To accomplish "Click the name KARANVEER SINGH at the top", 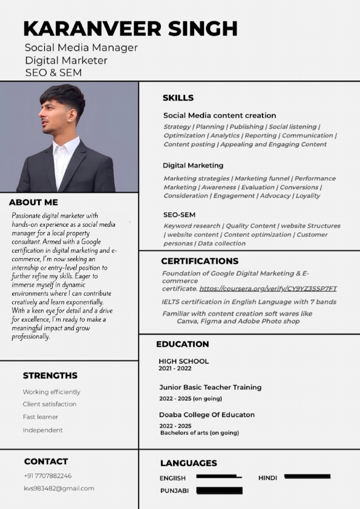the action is coord(130,28).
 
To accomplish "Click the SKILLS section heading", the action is coord(178,98).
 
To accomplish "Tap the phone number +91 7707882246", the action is coord(48,476).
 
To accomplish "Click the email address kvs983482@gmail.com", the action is coord(59,488).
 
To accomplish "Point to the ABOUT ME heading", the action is coord(33,203).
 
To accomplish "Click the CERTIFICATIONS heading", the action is coord(200,261).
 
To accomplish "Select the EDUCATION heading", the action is coord(183,344).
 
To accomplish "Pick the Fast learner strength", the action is coord(41,417).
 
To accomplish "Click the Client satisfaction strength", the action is coord(50,404).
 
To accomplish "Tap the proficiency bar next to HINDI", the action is coord(307,477).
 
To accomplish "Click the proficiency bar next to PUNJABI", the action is coord(219,490).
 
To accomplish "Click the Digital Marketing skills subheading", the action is coord(193,165).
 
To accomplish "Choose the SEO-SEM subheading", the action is coord(179,215).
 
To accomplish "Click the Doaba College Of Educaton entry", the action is coord(207,415).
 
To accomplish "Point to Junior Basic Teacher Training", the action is coord(211,387).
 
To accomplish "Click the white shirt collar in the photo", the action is coord(64,148).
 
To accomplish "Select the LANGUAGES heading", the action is coord(188,463).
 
